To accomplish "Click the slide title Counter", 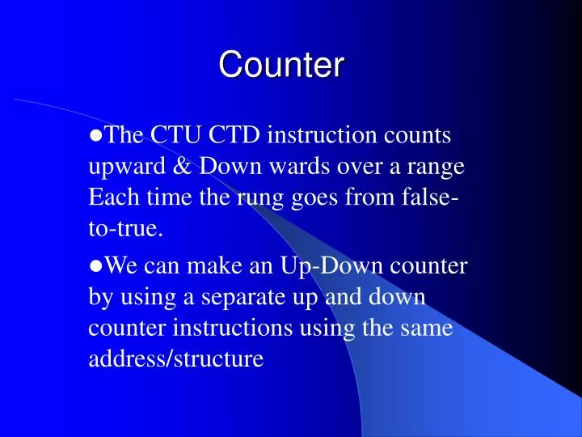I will coord(281,65).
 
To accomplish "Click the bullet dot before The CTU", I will coord(95,136).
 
